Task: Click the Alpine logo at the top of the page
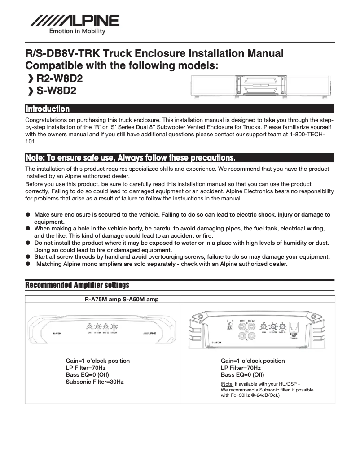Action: click(75, 21)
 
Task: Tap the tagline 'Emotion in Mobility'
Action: click(77, 31)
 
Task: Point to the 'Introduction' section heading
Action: click(48, 109)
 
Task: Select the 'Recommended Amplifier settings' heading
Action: click(77, 285)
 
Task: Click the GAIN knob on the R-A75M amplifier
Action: click(90, 327)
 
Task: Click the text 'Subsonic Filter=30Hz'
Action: click(94, 382)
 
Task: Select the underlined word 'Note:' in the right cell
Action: click(227, 384)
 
